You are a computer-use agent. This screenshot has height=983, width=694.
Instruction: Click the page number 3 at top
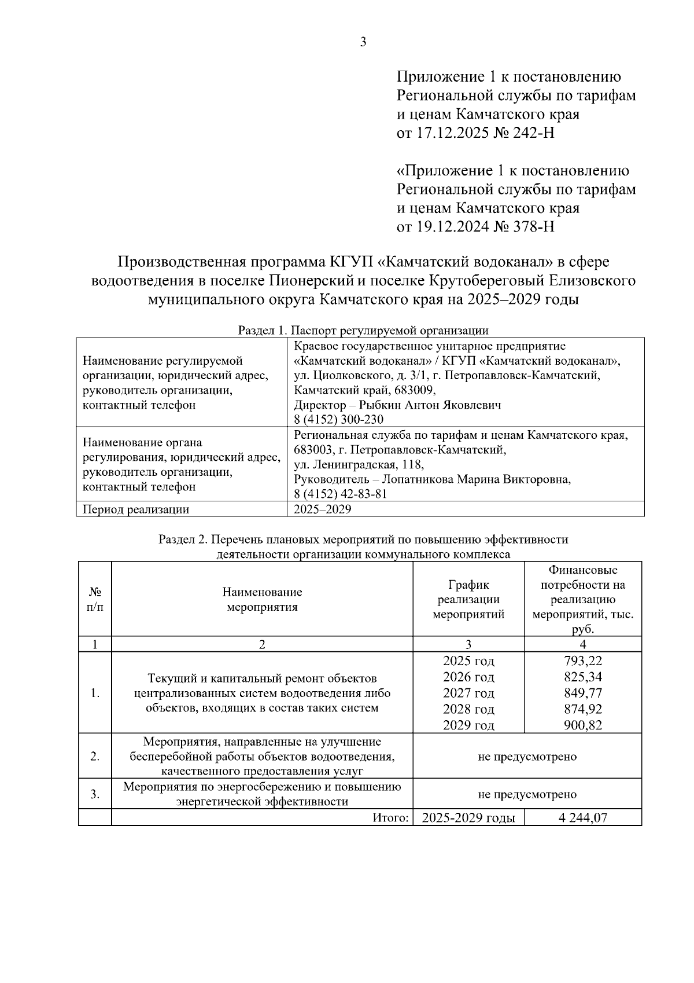coord(363,42)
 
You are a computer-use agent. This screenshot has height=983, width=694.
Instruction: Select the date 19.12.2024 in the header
coord(452,226)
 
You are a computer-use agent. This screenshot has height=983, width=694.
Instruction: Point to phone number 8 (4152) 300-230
coord(338,419)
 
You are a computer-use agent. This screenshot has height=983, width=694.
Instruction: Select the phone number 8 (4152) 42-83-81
coord(340,494)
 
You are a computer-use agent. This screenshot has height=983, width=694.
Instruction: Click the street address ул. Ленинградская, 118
coord(359,464)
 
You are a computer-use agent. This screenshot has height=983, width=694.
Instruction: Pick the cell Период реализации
coord(136,509)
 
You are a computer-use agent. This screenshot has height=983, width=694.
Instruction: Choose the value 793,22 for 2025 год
coord(583,661)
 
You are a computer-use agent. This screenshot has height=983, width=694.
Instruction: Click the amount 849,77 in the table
coord(583,693)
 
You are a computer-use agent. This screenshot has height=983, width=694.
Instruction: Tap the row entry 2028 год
coord(468,709)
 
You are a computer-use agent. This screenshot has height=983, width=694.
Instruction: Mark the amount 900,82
coord(583,725)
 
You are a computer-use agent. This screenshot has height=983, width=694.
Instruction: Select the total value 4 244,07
coord(583,818)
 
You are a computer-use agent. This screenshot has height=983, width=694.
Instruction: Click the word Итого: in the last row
coord(391,818)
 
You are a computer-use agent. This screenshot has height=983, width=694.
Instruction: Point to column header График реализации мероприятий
coord(468,599)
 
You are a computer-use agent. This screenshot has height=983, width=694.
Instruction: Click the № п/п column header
coord(95,599)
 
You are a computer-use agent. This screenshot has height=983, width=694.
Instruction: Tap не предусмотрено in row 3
coord(527,794)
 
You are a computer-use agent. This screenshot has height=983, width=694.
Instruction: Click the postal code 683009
coord(416,390)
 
